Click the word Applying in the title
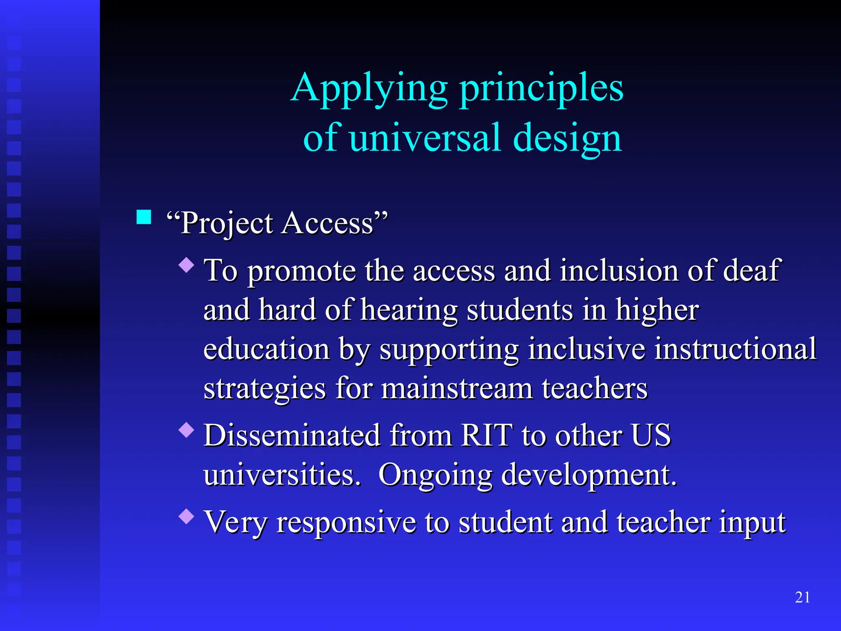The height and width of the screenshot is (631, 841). (x=370, y=88)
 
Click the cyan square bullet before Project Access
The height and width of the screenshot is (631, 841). (x=144, y=217)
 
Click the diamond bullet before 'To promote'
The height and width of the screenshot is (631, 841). (x=187, y=265)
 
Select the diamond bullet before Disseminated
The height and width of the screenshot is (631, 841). (x=187, y=430)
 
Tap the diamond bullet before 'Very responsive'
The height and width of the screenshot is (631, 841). (x=187, y=516)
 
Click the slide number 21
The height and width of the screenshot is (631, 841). (x=802, y=597)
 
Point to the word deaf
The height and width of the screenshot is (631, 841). (x=751, y=271)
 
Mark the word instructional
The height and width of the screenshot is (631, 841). (x=735, y=349)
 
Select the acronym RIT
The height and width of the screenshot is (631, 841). (x=487, y=435)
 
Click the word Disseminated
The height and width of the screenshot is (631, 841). (x=292, y=435)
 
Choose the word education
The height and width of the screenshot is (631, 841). (x=267, y=349)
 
